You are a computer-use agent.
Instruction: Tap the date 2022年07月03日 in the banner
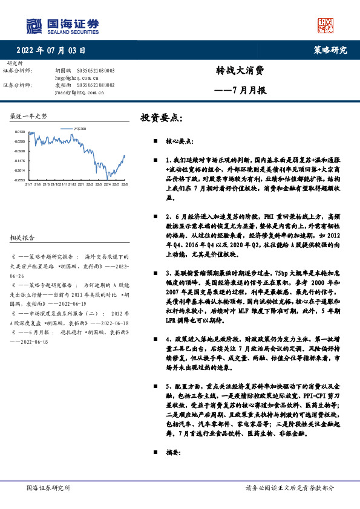50,51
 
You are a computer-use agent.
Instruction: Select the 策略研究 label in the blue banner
331,51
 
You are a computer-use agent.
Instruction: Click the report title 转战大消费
240,70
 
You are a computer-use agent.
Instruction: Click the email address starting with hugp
76,78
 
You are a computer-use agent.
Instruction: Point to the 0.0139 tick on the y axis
19,131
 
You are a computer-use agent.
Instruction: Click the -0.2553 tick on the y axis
19,180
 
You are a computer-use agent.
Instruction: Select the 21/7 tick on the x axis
28,184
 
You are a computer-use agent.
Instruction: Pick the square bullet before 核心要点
155,140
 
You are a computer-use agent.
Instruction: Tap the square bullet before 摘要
155,452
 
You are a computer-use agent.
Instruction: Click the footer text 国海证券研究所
49,488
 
